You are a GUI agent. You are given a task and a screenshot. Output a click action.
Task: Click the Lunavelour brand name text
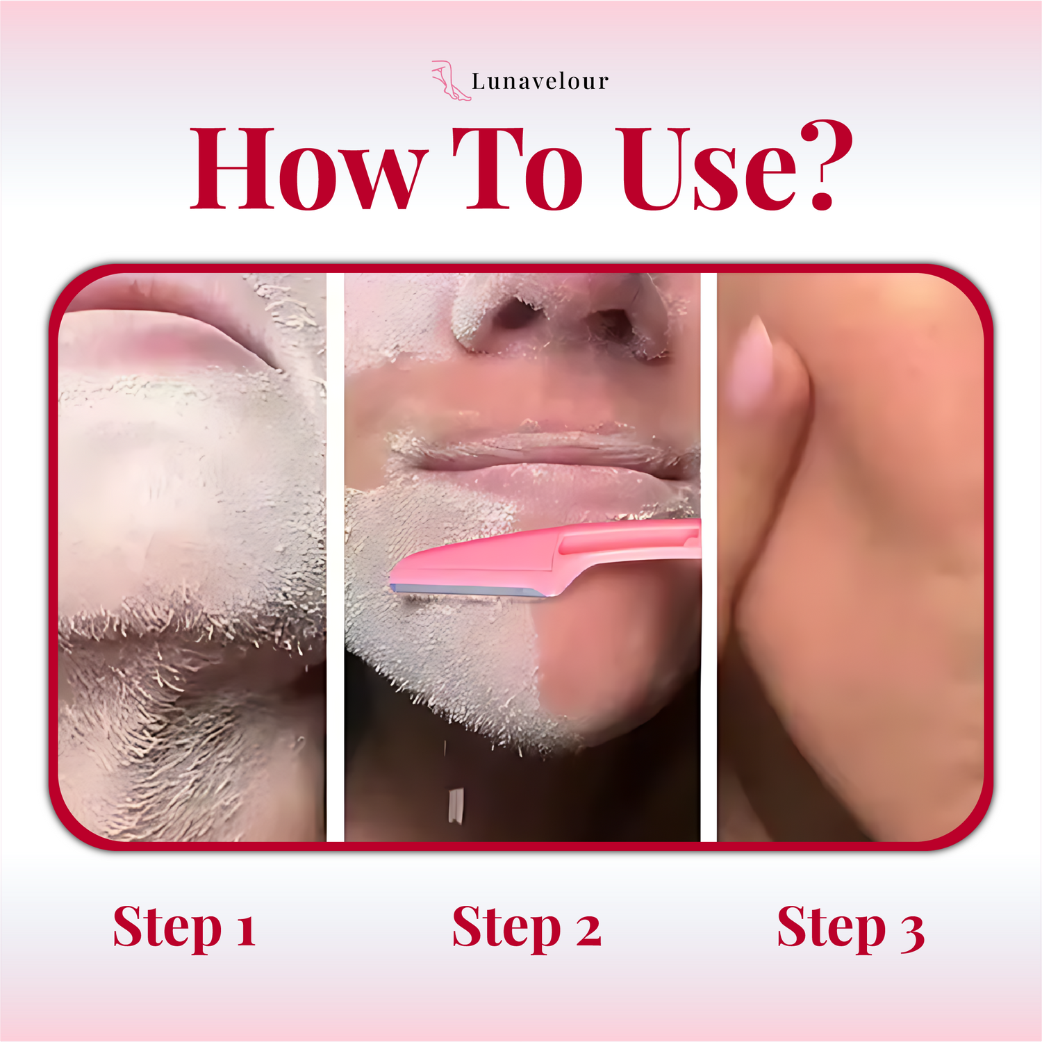pyautogui.click(x=540, y=81)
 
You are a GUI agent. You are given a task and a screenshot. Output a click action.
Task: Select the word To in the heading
pyautogui.click(x=518, y=169)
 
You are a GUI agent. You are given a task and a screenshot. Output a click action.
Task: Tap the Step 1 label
pyautogui.click(x=185, y=928)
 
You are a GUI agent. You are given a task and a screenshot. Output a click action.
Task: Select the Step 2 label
pyautogui.click(x=527, y=928)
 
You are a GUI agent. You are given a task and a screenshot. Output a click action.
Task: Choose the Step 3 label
pyautogui.click(x=851, y=928)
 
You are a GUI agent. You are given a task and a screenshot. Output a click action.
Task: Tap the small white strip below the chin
pyautogui.click(x=456, y=806)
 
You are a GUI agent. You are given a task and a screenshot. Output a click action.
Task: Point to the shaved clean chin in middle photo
pyautogui.click(x=611, y=660)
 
